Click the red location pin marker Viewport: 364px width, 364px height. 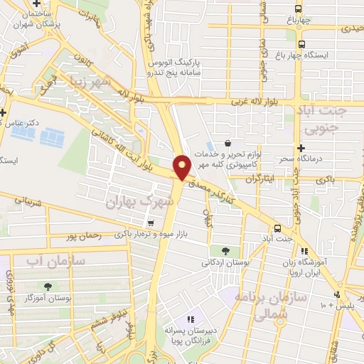tap(182, 166)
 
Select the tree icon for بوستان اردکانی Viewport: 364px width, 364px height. tap(225, 250)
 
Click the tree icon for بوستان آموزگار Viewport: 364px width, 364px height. tap(48, 287)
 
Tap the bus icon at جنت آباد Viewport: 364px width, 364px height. tap(277, 228)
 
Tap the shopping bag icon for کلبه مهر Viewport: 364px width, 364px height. tap(227, 143)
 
